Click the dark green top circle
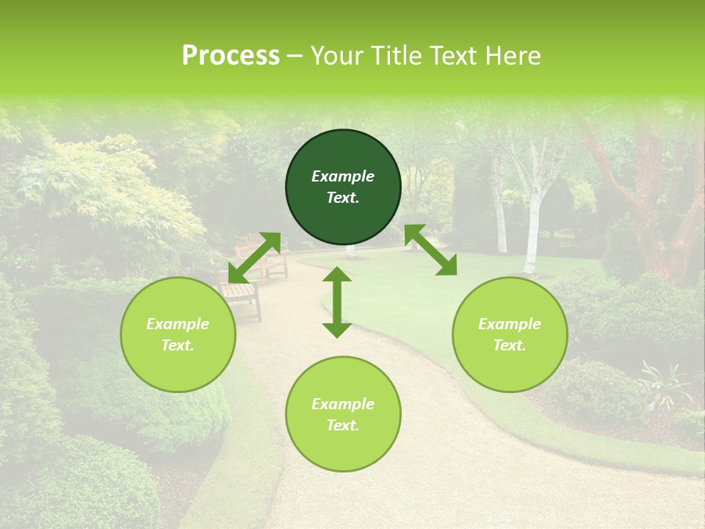[x=343, y=187]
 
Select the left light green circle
[x=178, y=334]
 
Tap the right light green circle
[x=510, y=334]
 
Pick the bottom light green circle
[x=343, y=414]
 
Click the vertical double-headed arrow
[x=337, y=302]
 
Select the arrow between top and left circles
[x=254, y=257]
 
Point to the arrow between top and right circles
[x=430, y=250]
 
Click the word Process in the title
[x=231, y=56]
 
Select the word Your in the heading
[x=334, y=56]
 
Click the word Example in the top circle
[x=343, y=176]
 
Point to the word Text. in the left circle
[x=178, y=345]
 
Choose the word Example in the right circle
[x=510, y=324]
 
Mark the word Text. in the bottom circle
[x=343, y=425]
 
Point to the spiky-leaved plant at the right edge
[x=665, y=382]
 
